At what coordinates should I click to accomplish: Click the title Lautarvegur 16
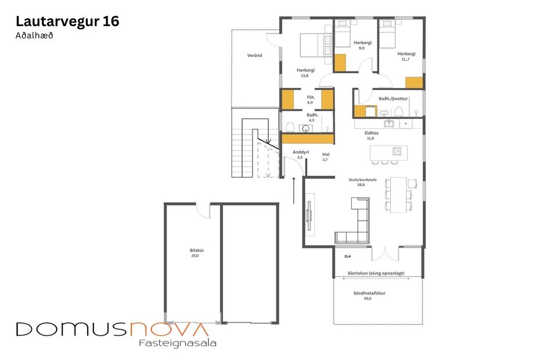coord(67,21)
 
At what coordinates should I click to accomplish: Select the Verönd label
coord(254,55)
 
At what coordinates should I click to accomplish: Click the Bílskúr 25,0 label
coord(197,253)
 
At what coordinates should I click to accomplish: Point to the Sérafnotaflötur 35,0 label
coord(369,296)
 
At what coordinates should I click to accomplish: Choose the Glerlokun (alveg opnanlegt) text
coord(376,273)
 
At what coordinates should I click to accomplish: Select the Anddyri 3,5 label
coord(300,154)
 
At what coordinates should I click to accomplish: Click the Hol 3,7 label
coord(326,157)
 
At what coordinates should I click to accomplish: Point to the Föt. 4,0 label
coord(310,99)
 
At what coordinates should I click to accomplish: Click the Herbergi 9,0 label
coord(362,46)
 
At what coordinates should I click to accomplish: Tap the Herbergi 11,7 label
coord(406,56)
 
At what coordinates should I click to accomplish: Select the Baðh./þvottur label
coord(393,99)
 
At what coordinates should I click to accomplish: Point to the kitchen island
coord(387,152)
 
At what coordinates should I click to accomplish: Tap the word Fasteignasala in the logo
coord(178,343)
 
